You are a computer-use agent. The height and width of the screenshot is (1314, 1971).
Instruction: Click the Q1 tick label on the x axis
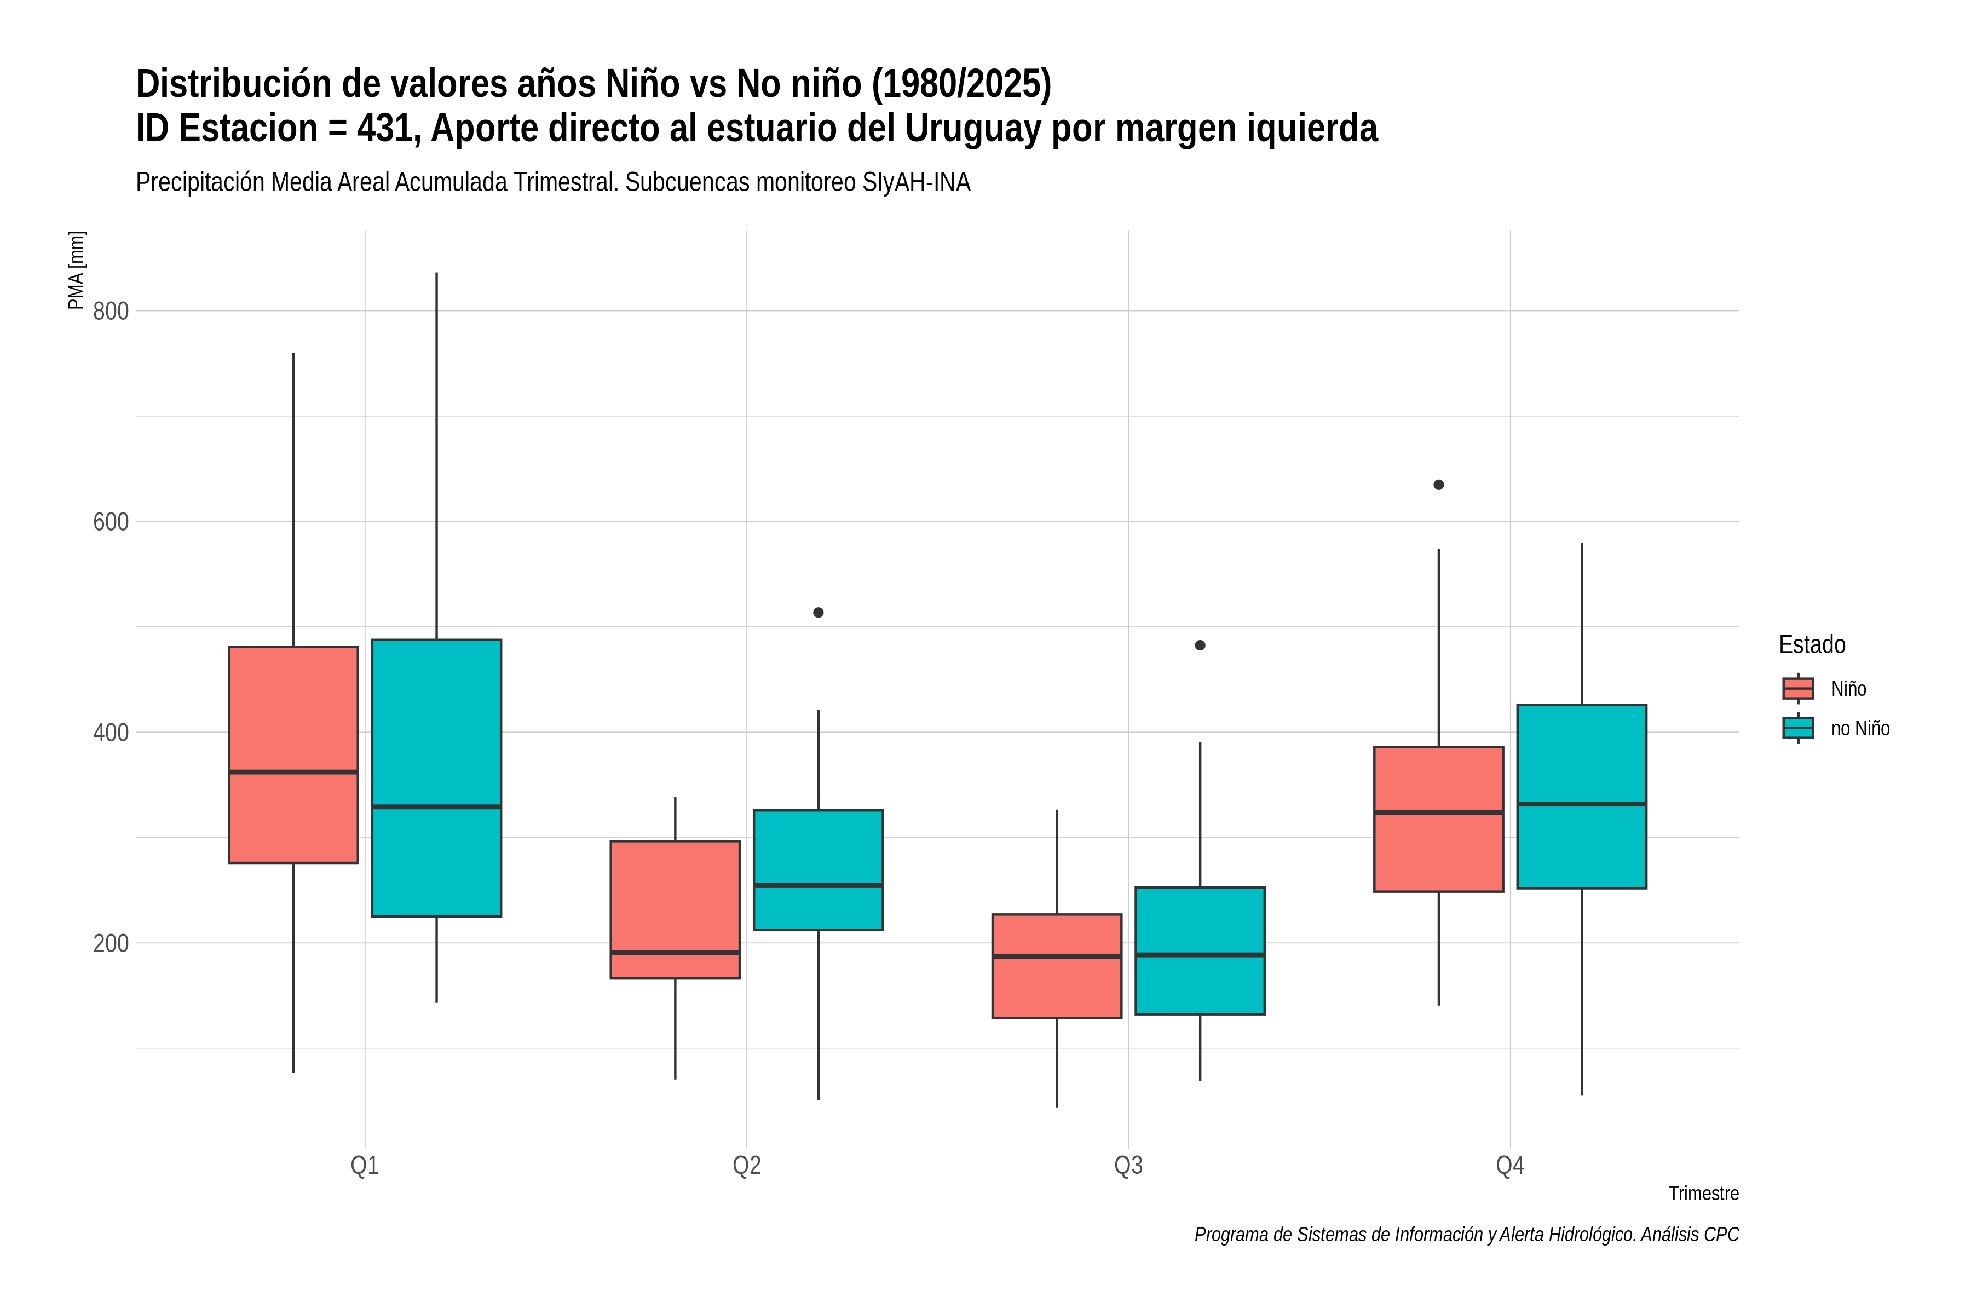coord(365,1166)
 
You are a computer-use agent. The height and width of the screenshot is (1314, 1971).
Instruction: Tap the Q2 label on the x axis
coord(747,1166)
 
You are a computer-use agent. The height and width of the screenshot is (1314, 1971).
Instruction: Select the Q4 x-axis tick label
coord(1510,1166)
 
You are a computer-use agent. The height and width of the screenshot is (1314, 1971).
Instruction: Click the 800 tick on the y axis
coord(111,311)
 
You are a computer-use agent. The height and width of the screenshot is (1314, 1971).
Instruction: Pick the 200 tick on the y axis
coord(111,943)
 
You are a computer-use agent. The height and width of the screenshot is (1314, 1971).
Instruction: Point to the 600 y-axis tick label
coord(111,522)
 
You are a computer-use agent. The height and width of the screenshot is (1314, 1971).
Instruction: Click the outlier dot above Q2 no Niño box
coord(819,613)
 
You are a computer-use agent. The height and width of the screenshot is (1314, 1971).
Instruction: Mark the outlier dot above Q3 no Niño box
coord(1200,646)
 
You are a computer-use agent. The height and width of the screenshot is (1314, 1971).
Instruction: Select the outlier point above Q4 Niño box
coord(1439,485)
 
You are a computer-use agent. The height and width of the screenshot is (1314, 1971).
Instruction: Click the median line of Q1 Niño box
coord(293,772)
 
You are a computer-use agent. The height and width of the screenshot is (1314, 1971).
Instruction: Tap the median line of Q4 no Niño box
coord(1581,804)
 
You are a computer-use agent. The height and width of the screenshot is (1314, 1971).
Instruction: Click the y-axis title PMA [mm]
coord(76,270)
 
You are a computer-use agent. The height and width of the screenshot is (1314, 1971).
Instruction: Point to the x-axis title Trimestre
coord(1704,1194)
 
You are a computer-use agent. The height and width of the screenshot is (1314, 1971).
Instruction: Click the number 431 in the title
coord(388,128)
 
